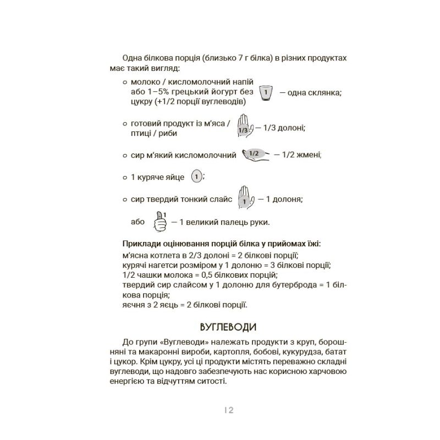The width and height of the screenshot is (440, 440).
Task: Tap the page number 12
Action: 229,410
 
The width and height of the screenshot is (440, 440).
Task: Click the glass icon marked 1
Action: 266,93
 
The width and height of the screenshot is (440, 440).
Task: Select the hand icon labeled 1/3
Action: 244,126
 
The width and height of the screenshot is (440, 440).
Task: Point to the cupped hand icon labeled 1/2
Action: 254,155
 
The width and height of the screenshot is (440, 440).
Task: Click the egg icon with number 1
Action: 196,177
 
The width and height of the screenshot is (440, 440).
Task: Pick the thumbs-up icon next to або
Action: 160,221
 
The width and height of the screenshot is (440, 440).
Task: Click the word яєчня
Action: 130,305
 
